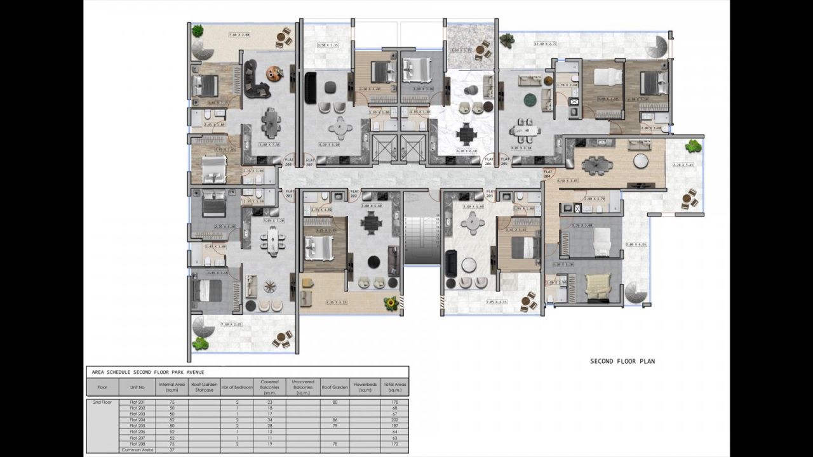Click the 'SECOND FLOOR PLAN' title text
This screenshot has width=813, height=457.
click(622, 361)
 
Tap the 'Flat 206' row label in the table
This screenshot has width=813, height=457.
click(137, 432)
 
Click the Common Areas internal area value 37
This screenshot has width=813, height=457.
click(171, 450)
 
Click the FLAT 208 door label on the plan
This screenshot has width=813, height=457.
click(289, 162)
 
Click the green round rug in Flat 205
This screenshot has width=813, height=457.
click(529, 100)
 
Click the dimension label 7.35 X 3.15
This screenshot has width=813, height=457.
click(336, 303)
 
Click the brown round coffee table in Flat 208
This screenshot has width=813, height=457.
click(274, 73)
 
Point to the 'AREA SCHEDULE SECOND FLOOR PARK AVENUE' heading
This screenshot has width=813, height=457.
click(147, 371)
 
